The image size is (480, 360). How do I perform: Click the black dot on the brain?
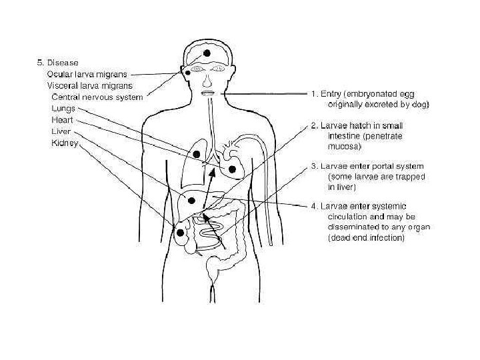pyautogui.click(x=207, y=53)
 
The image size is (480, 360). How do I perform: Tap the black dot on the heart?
pyautogui.click(x=232, y=170)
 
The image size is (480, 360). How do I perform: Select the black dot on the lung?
pyautogui.click(x=197, y=155)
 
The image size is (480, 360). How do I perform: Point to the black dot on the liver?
pyautogui.click(x=191, y=200)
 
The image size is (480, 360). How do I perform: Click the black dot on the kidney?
pyautogui.click(x=180, y=233)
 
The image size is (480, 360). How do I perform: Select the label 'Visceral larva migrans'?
pyautogui.click(x=89, y=85)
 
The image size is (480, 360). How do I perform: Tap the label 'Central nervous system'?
pyautogui.click(x=97, y=97)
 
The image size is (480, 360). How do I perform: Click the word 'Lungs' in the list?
pyautogui.click(x=65, y=108)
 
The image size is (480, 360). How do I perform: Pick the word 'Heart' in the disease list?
pyautogui.click(x=63, y=120)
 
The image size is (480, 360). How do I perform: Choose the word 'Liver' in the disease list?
pyautogui.click(x=61, y=131)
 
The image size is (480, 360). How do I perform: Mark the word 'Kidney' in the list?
pyautogui.click(x=65, y=143)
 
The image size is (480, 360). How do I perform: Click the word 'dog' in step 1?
pyautogui.click(x=421, y=105)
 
